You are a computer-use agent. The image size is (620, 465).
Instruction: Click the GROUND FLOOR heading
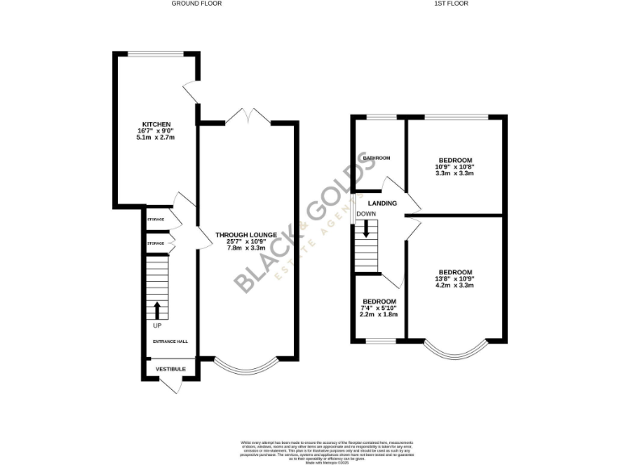pyautogui.click(x=196, y=3)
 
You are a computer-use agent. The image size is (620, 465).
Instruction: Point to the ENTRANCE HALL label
pyautogui.click(x=170, y=341)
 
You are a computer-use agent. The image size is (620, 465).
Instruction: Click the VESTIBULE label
pyautogui.click(x=170, y=369)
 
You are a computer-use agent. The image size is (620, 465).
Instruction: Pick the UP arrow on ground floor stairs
pyautogui.click(x=157, y=311)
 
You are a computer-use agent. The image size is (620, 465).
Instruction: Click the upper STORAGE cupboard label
pyautogui.click(x=155, y=219)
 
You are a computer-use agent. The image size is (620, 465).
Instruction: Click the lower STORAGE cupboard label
pyautogui.click(x=155, y=242)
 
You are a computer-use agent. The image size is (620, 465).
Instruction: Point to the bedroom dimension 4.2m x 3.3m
pyautogui.click(x=455, y=285)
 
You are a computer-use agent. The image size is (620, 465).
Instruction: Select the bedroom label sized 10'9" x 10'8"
pyautogui.click(x=455, y=160)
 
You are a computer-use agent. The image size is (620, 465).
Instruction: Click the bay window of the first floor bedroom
pyautogui.click(x=456, y=349)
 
